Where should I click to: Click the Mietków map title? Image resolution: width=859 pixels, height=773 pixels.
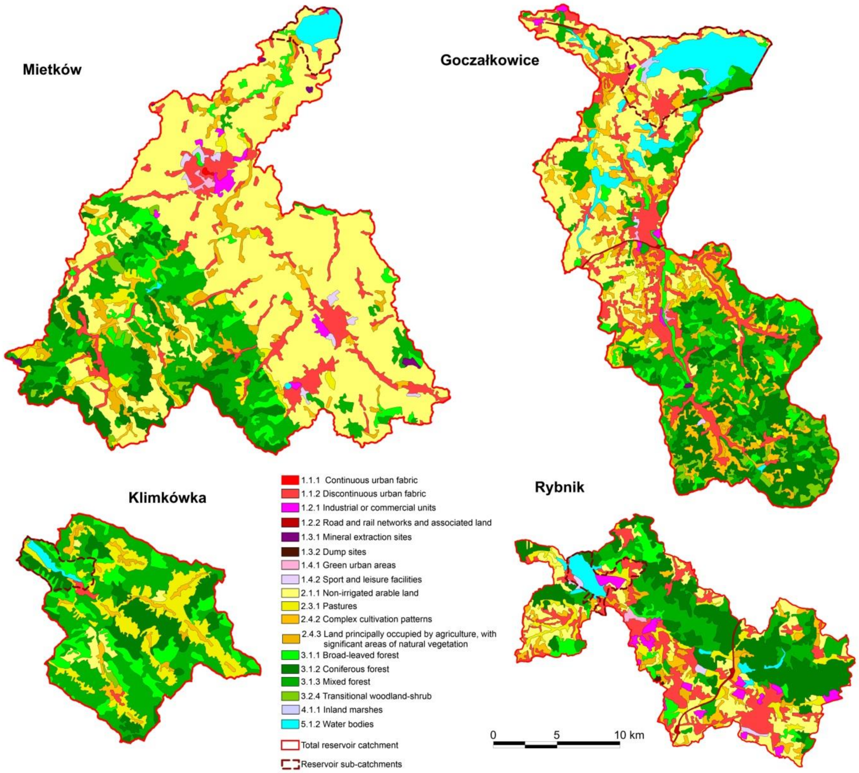point(52,70)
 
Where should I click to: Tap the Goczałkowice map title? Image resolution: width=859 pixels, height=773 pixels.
point(489,60)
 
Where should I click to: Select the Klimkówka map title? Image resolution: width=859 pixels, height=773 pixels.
point(167,497)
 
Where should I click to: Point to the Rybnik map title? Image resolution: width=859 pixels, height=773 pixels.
point(559,487)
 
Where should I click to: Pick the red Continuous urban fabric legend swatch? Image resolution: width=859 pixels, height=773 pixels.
point(290,480)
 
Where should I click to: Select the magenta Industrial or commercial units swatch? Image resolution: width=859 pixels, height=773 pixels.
point(290,507)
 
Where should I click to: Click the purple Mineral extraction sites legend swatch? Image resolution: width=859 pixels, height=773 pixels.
point(290,537)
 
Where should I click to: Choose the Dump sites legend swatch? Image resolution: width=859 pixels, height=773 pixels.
point(290,552)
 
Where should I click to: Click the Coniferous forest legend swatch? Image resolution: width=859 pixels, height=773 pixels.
point(290,669)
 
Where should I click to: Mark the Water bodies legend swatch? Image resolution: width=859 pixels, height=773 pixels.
point(290,724)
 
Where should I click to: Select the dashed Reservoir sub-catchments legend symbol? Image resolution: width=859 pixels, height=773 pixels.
point(290,764)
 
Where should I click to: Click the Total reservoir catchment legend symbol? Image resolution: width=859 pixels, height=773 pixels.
point(290,745)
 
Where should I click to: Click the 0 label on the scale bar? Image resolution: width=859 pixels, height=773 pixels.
point(493,735)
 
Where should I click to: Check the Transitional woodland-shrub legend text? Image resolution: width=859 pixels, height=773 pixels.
point(366,696)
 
